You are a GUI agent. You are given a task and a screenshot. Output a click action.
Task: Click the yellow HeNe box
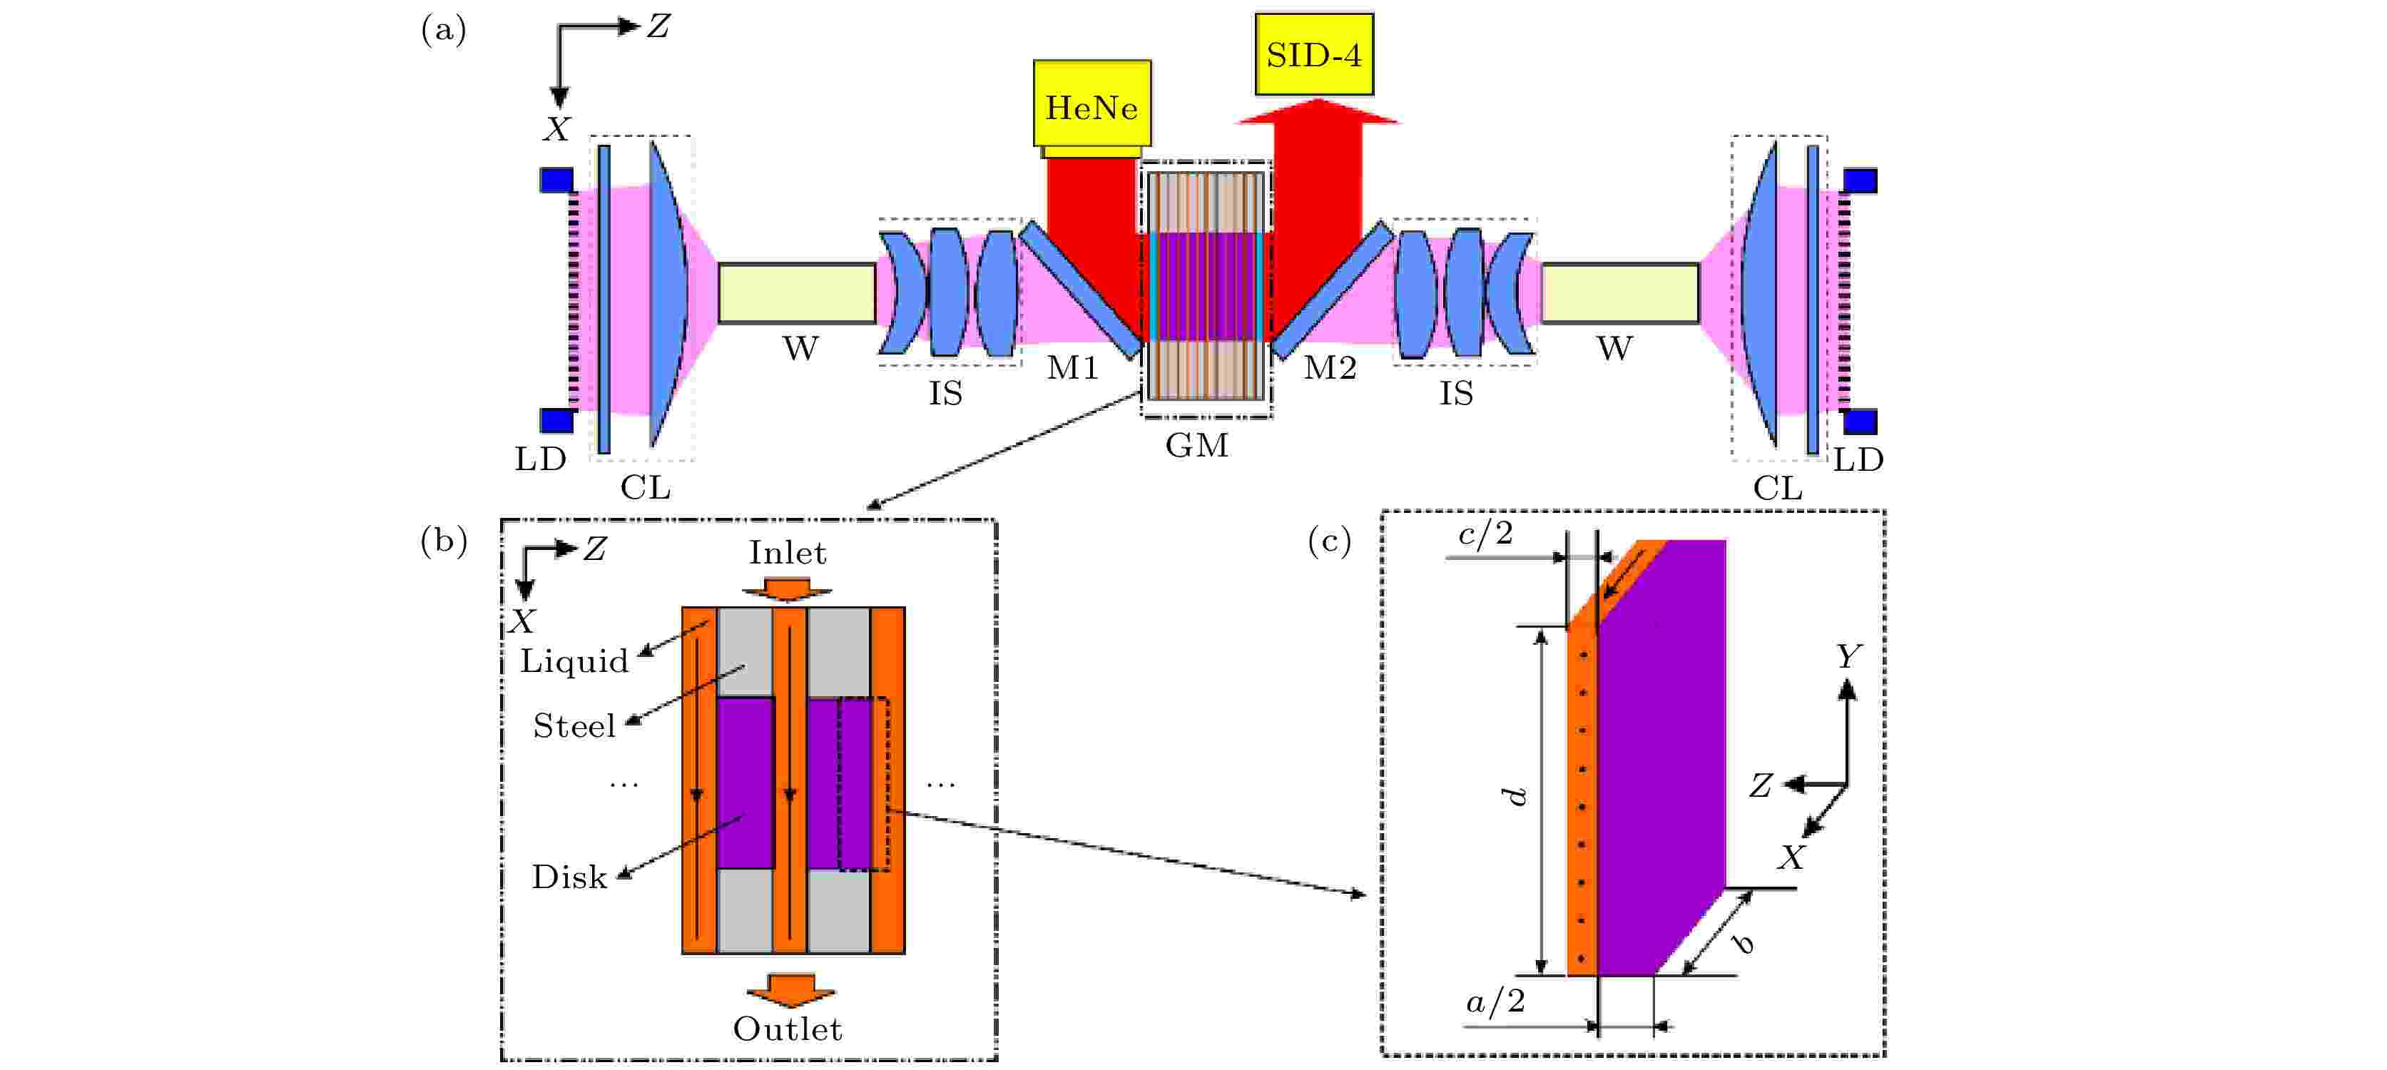pyautogui.click(x=1091, y=103)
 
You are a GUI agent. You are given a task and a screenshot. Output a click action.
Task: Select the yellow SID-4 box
pyautogui.click(x=1314, y=53)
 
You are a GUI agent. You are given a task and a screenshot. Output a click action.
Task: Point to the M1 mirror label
pyautogui.click(x=1073, y=368)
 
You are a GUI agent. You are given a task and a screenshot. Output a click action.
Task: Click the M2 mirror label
pyautogui.click(x=1330, y=368)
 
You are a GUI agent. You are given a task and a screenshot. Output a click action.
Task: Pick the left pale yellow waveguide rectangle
pyautogui.click(x=797, y=292)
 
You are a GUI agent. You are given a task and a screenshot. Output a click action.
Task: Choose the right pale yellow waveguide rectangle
pyautogui.click(x=1619, y=292)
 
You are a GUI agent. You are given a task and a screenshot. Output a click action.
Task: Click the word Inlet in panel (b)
pyautogui.click(x=788, y=552)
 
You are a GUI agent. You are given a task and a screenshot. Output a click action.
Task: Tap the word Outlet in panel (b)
pyautogui.click(x=788, y=1029)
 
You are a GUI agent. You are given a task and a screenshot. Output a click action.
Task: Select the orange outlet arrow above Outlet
pyautogui.click(x=790, y=989)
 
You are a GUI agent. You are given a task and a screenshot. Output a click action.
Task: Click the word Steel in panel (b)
pyautogui.click(x=574, y=725)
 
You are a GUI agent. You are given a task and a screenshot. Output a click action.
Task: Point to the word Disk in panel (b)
pyautogui.click(x=569, y=877)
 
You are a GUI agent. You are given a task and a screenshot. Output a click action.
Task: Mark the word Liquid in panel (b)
pyautogui.click(x=574, y=661)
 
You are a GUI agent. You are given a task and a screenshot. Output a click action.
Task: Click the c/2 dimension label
pyautogui.click(x=1485, y=534)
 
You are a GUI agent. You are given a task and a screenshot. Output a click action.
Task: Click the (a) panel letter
pyautogui.click(x=443, y=30)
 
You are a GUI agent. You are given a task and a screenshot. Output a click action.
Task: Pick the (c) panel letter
pyautogui.click(x=1329, y=540)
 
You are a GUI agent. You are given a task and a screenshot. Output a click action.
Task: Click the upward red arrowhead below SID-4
pyautogui.click(x=1318, y=111)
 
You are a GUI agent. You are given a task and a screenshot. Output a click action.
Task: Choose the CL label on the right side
pyautogui.click(x=1777, y=488)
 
